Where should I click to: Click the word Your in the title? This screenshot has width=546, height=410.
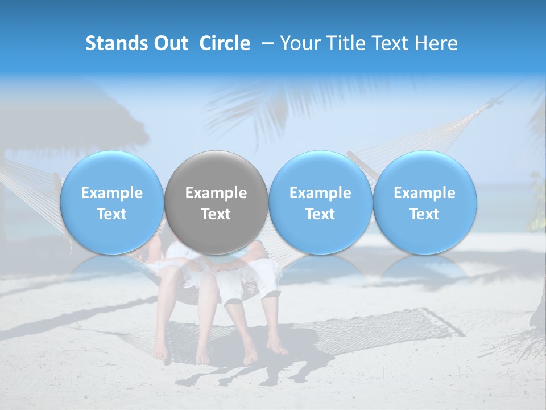tap(299, 43)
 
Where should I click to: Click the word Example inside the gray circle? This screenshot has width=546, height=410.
tap(216, 193)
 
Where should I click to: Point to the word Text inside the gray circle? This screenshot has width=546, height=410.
tap(216, 214)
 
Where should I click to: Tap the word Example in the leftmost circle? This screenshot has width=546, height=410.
tap(111, 193)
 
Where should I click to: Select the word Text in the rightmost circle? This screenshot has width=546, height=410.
tap(424, 214)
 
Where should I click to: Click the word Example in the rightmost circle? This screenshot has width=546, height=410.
tap(424, 193)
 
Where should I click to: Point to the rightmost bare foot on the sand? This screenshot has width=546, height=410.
tap(277, 346)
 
